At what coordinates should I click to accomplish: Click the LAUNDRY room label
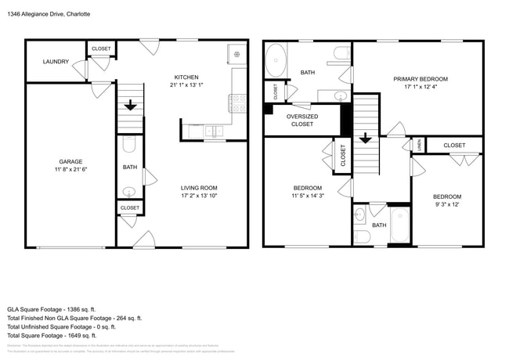[56, 62]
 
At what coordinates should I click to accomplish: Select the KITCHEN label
[186, 77]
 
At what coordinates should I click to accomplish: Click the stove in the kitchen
[236, 100]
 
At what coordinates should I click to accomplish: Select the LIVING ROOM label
[199, 188]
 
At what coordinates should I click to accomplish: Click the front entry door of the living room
[143, 240]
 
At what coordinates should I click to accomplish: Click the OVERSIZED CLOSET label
[301, 120]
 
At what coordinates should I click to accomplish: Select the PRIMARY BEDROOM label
[421, 79]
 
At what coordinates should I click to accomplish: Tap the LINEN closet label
[420, 144]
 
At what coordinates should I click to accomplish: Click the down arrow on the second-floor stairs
[365, 140]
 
